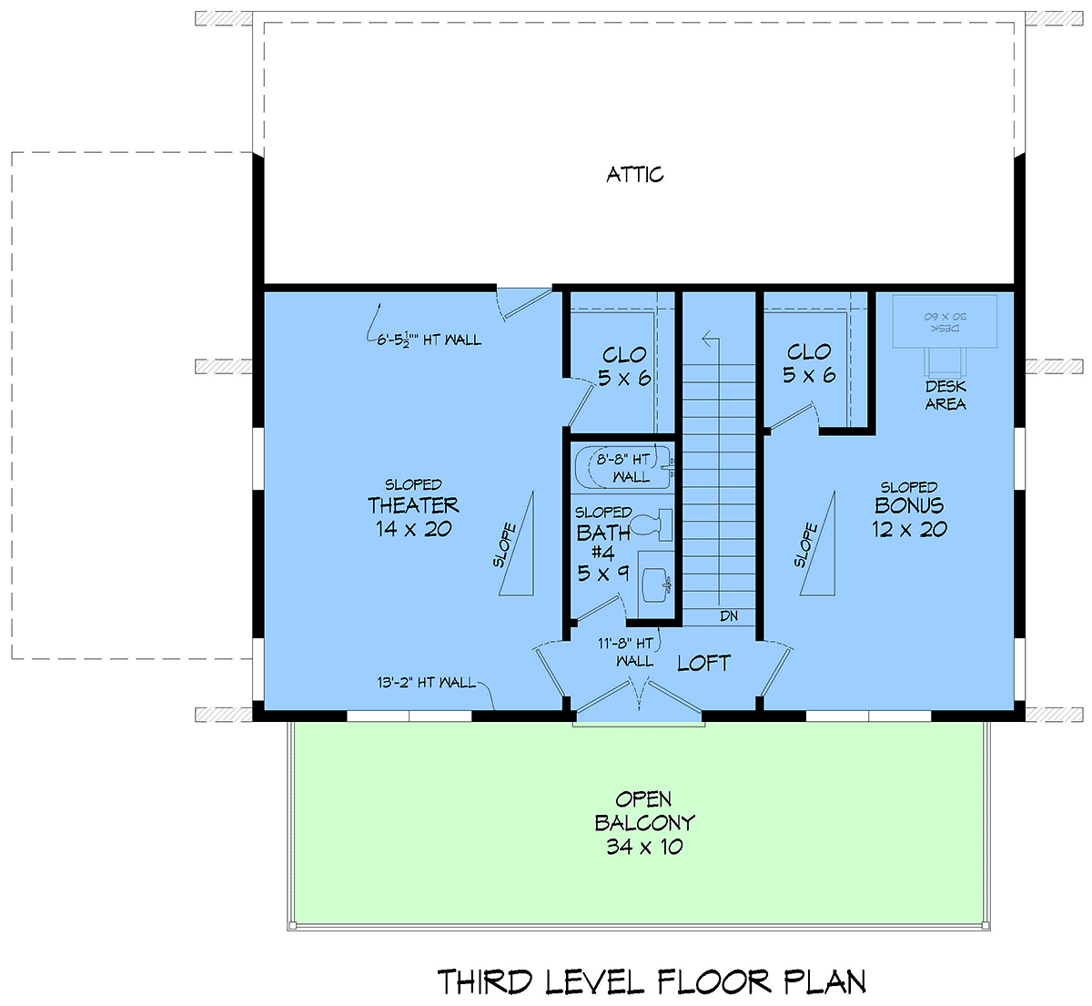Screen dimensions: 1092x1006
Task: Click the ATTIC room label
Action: coord(635,175)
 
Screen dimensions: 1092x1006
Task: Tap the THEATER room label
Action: coord(413,505)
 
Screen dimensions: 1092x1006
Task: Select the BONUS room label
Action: coord(909,505)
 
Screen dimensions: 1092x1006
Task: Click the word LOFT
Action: coord(703,664)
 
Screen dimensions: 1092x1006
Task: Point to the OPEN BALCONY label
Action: coord(644,811)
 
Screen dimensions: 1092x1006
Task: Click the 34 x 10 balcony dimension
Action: coord(644,847)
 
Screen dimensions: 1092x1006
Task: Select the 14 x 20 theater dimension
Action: coord(413,529)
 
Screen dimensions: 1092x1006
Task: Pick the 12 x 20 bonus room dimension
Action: coord(909,529)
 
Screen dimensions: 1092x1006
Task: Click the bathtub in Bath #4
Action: coord(624,468)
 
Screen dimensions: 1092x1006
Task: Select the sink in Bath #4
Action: coord(655,585)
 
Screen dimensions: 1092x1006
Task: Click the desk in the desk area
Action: coord(945,321)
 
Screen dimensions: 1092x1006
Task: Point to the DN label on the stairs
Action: coord(728,616)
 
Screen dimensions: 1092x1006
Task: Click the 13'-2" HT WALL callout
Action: coord(426,683)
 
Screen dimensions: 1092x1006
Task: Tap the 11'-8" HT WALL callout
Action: coord(626,652)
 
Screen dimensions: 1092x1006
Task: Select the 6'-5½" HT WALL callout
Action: coord(429,340)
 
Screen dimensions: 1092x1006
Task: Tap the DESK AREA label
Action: coord(945,395)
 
